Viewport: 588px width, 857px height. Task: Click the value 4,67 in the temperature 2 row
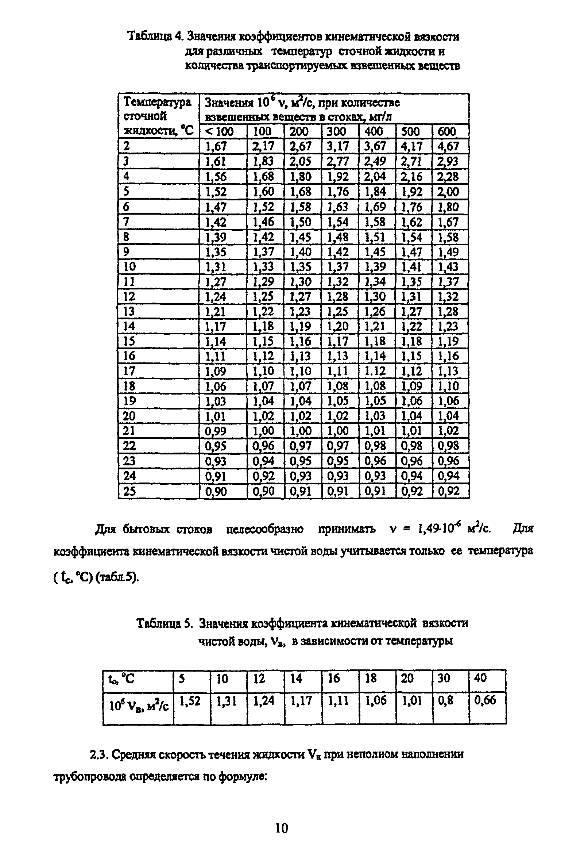(448, 146)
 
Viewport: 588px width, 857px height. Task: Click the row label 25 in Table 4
(129, 491)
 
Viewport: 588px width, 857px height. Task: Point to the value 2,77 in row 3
(337, 162)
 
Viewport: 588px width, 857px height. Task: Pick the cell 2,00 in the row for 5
(448, 192)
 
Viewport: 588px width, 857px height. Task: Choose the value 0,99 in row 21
(216, 431)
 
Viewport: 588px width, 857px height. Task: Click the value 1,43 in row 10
(448, 267)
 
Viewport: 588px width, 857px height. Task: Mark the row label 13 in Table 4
(129, 312)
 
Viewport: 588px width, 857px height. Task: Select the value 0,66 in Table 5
(485, 700)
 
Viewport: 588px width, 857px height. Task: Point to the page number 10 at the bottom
(282, 828)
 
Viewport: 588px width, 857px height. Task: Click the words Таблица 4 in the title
(155, 36)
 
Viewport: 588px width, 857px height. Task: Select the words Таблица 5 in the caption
(164, 623)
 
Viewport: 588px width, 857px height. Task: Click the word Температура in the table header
(157, 102)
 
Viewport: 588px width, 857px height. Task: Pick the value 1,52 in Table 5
(189, 700)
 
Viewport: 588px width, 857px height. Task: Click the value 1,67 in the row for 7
(448, 222)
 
